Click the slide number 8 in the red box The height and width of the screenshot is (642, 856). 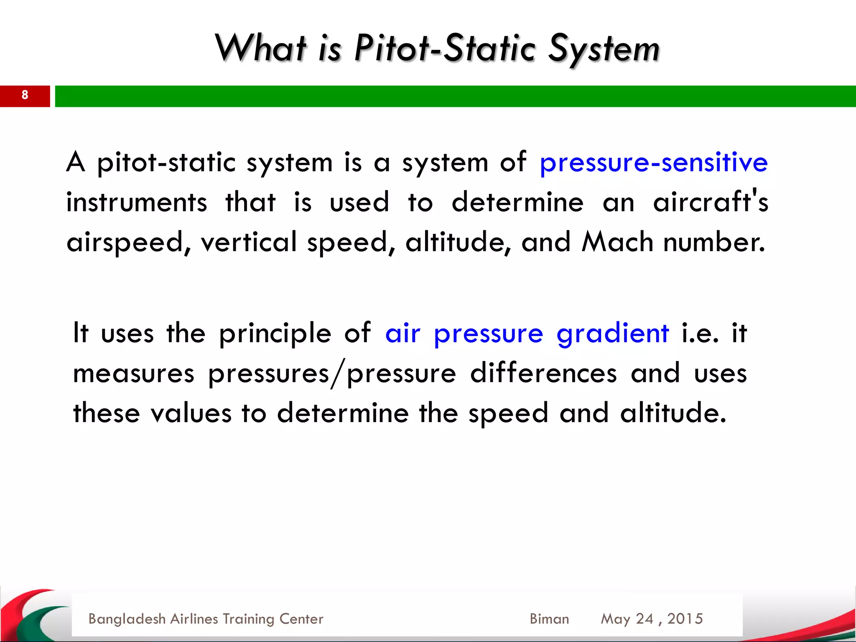[25, 95]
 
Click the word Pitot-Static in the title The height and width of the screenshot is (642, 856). [444, 49]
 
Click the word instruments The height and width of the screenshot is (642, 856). [136, 202]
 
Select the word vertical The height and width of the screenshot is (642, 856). [249, 242]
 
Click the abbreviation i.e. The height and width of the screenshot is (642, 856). [700, 333]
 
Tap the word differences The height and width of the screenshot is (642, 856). [543, 373]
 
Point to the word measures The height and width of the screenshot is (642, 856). [133, 374]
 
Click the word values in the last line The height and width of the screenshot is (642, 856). [191, 413]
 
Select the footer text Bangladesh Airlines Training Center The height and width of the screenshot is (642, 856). [206, 619]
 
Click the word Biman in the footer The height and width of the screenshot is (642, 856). [549, 619]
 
